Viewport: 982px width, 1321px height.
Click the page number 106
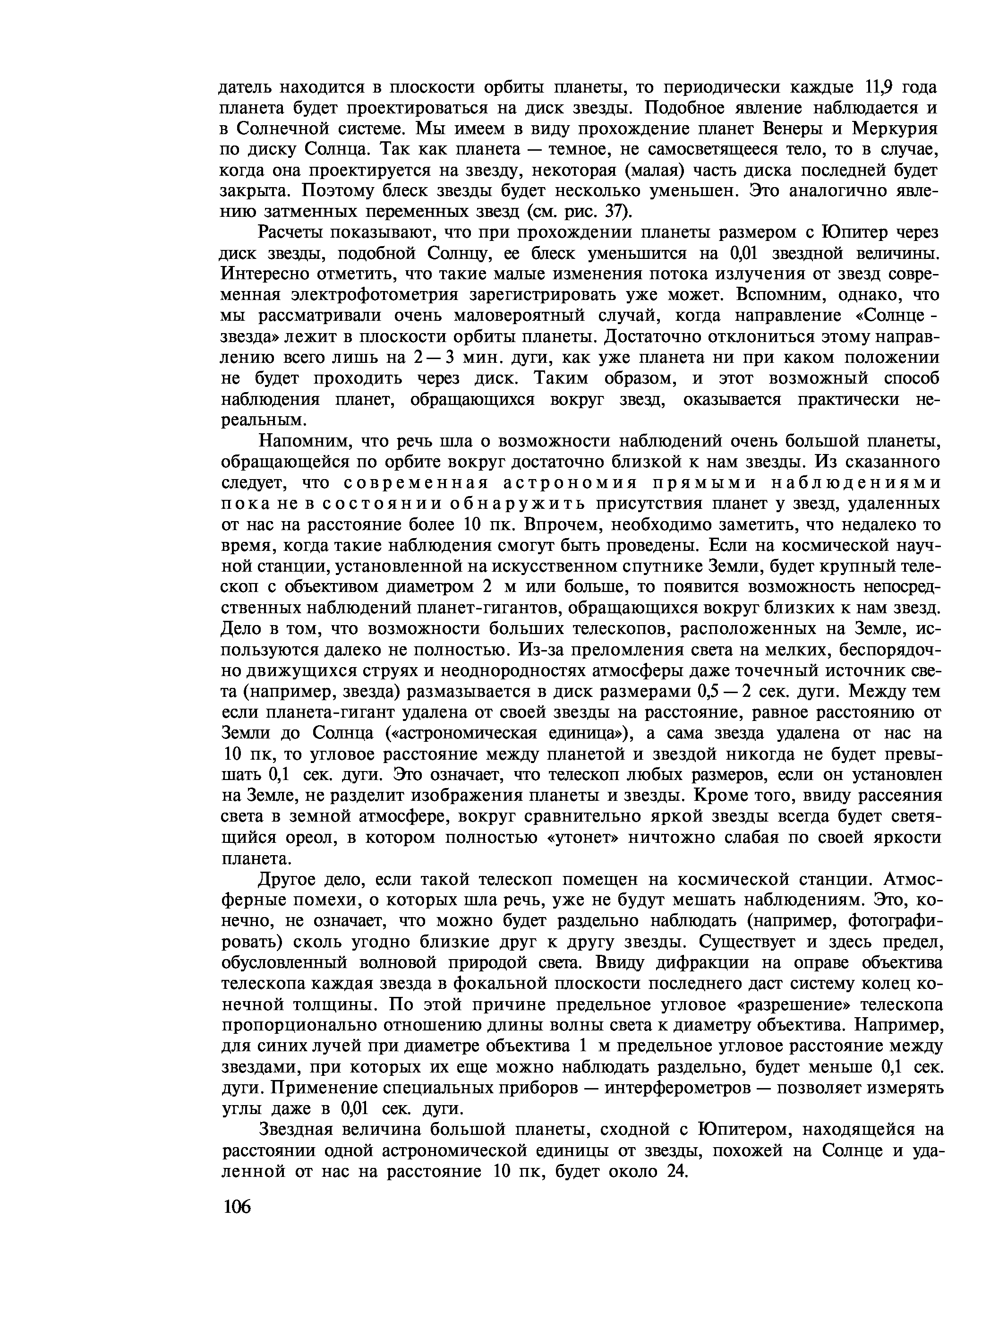coord(237,1206)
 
